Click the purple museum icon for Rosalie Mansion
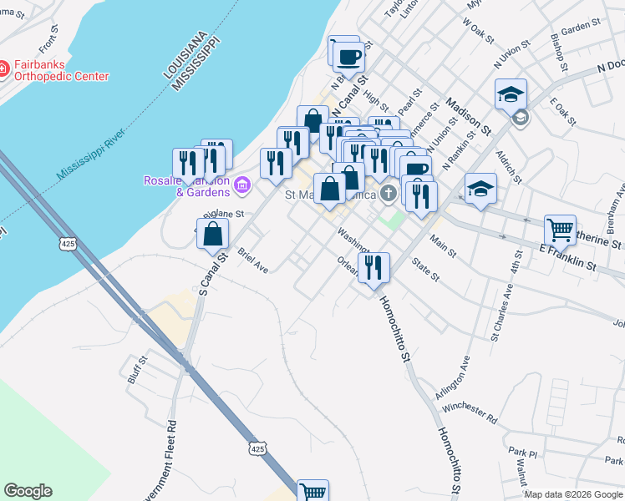point(243,184)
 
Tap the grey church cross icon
point(388,195)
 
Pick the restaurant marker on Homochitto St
point(373,267)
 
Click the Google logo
point(28,491)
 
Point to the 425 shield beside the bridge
point(69,243)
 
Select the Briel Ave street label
point(252,260)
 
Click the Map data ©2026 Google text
point(572,494)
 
